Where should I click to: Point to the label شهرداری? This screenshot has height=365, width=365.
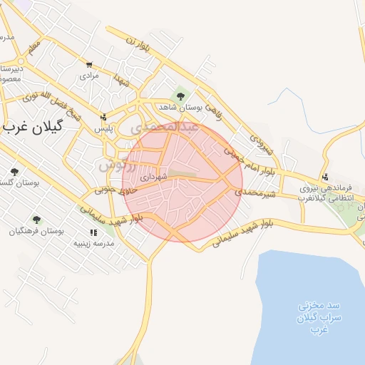coord(153,176)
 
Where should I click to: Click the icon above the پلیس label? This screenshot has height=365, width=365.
coord(105,118)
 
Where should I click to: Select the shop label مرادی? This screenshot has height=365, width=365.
coord(88,75)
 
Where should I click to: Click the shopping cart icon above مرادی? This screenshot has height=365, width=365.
coord(89,64)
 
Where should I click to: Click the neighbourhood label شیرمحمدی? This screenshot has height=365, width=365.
coord(257,193)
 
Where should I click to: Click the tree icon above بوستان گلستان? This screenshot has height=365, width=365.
coord(15,172)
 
